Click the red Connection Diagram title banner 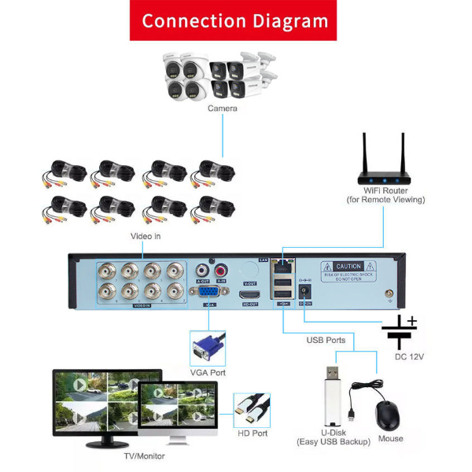(233, 20)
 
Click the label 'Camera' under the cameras (222, 109)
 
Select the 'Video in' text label (146, 236)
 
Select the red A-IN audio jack (221, 271)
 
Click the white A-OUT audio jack (203, 271)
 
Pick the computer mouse (388, 414)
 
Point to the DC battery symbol (400, 332)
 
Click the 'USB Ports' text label (326, 340)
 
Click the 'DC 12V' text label (409, 356)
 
